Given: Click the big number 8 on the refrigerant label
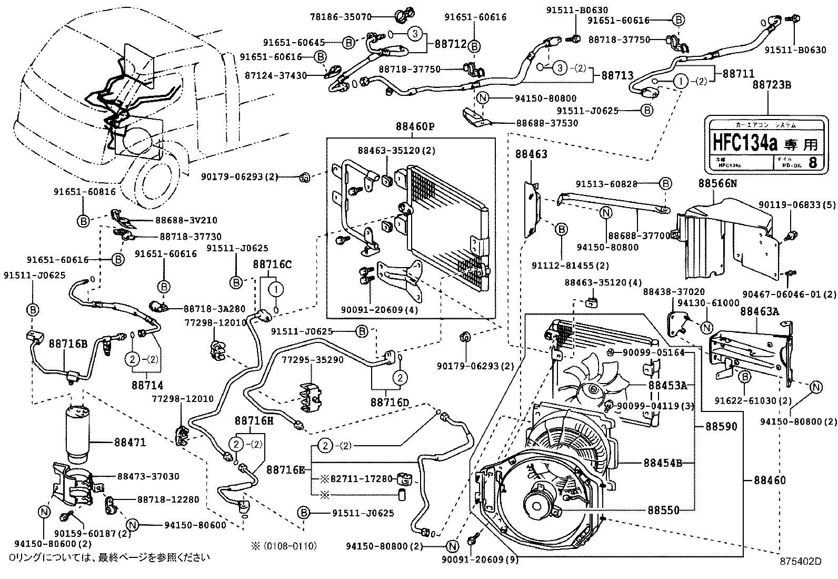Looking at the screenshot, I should (812, 162).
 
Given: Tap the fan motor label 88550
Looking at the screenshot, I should (663, 510).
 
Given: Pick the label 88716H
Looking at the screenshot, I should (254, 420).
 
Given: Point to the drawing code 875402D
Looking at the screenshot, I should (800, 561).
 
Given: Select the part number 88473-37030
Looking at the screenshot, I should (148, 476).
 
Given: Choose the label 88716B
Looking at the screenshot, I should (68, 344).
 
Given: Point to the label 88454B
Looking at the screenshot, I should (662, 463).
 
